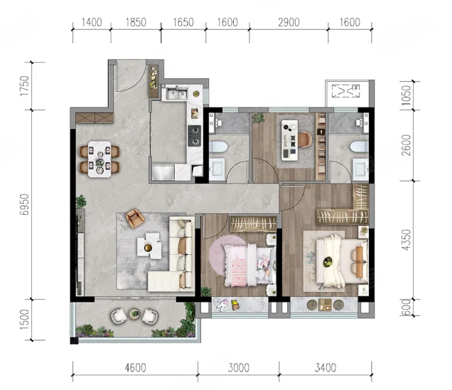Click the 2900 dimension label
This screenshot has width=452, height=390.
pos(289,23)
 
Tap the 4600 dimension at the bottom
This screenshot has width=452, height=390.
pos(135,368)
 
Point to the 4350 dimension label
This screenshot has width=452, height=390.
pos(406,240)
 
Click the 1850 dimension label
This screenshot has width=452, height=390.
pos(136,23)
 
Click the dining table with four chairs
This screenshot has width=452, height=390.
pos(99,159)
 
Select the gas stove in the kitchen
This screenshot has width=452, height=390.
pos(195,136)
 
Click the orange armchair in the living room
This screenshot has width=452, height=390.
pos(134,218)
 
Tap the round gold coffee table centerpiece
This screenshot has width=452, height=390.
pos(148,248)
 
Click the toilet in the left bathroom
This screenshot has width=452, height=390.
pos(218,147)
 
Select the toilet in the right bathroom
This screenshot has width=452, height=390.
pos(360,147)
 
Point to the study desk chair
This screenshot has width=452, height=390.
pos(306,139)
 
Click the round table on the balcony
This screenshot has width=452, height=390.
pos(134,314)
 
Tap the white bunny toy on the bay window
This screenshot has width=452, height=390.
pos(222,305)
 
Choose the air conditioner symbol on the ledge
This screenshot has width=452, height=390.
pos(345,91)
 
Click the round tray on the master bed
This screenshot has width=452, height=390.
pos(328,262)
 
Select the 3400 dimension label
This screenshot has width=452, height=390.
pos(325,368)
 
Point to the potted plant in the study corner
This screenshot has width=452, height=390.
pos(258,118)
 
